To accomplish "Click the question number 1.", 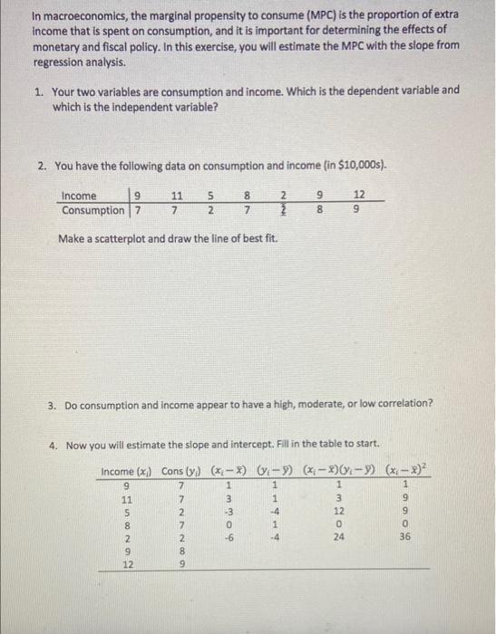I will pos(41,91).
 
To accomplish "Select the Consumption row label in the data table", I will pos(92,210).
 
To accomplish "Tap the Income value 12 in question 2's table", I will pos(360,196).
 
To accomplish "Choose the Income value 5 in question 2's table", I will pos(209,196).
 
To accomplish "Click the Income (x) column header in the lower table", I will pos(127,471).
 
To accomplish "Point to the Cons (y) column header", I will pos(182,471).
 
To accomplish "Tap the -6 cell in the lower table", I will pos(230,535).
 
